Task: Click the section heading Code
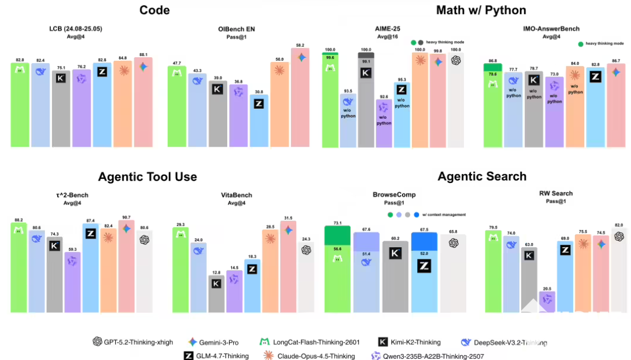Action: click(x=155, y=10)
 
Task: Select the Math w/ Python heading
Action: click(x=481, y=10)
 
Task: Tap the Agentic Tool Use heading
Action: click(x=147, y=176)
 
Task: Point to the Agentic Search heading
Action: click(x=482, y=176)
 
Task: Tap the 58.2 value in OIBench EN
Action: click(x=300, y=45)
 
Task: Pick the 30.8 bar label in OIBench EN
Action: click(x=259, y=91)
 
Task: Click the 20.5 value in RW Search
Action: click(x=547, y=289)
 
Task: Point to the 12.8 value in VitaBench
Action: click(x=216, y=272)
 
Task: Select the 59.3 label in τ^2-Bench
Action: click(x=72, y=250)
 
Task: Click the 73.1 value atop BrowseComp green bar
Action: click(x=338, y=223)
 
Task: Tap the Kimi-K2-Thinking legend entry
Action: click(x=410, y=342)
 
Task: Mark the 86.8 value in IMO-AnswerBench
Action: click(x=494, y=61)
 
